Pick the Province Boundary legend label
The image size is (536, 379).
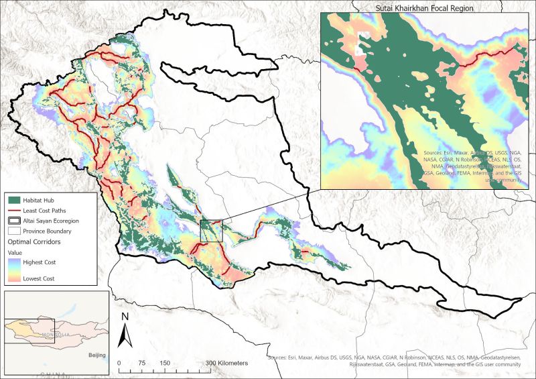[53, 230]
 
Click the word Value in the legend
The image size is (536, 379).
[15, 252]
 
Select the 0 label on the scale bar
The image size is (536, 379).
[119, 363]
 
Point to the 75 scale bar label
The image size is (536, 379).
[141, 363]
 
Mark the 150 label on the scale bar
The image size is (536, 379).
[163, 363]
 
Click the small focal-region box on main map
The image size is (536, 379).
[211, 230]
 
